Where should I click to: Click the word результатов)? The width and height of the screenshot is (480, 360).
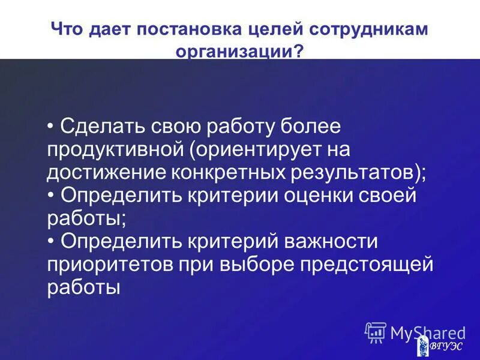click(359, 173)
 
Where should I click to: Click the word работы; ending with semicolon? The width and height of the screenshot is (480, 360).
click(86, 218)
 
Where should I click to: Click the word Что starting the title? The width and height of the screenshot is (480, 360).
click(70, 30)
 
